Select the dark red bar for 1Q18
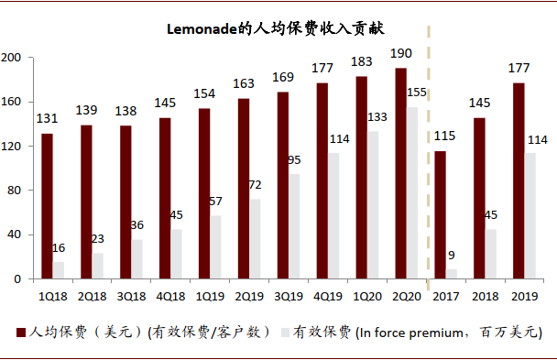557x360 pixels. (x=47, y=206)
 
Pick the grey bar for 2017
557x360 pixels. (x=452, y=274)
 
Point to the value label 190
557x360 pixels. (x=401, y=53)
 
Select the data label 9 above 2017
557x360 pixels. (x=453, y=256)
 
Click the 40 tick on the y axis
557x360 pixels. (x=15, y=235)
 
